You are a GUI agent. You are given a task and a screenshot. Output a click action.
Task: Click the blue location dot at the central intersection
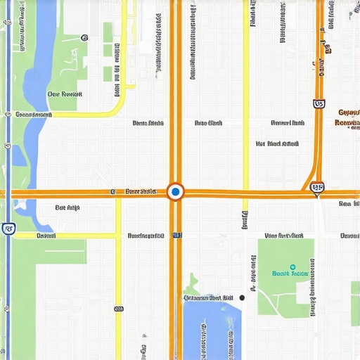point(176,191)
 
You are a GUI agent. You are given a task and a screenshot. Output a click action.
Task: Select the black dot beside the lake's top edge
point(242,298)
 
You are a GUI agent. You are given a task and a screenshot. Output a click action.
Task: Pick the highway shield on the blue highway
point(8,228)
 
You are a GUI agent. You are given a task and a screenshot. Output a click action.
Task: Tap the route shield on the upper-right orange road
point(319,103)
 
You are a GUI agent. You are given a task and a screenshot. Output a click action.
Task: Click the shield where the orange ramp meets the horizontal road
point(317,188)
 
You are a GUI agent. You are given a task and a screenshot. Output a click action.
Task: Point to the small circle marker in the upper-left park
point(84,37)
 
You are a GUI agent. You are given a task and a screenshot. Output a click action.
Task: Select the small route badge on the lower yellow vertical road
point(119,308)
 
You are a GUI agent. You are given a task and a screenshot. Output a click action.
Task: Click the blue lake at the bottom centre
point(211,330)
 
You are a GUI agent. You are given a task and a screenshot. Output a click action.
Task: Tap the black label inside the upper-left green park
point(64,94)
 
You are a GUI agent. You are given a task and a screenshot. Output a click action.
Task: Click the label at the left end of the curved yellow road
point(33,113)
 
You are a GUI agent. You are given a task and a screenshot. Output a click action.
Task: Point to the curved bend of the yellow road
point(121,102)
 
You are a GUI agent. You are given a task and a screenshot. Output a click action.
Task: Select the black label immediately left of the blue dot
point(140,191)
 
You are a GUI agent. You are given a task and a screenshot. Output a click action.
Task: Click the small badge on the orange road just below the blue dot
point(176,236)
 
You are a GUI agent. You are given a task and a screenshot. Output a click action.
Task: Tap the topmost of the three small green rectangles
point(108,32)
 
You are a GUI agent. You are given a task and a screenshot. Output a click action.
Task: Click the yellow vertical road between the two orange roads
point(245,105)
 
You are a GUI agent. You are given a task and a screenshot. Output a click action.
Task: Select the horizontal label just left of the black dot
point(208,298)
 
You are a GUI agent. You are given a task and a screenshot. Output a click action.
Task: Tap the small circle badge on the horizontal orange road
point(113,191)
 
